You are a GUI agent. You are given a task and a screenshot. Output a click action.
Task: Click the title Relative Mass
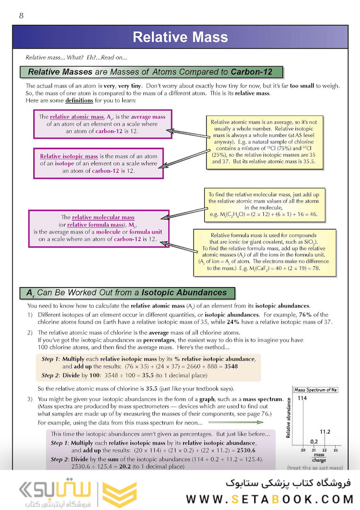(180, 37)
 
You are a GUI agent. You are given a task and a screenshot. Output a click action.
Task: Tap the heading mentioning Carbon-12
(152, 72)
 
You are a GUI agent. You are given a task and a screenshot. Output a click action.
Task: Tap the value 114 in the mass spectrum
(303, 399)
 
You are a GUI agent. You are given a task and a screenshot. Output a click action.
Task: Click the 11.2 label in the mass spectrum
(325, 432)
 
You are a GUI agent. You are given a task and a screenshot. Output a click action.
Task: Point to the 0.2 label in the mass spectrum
(314, 442)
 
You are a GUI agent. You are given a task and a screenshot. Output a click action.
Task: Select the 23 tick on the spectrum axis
(335, 451)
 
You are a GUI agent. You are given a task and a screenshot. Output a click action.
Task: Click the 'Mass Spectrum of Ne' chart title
(316, 390)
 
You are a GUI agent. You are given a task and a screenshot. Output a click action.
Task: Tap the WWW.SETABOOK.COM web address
(269, 499)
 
